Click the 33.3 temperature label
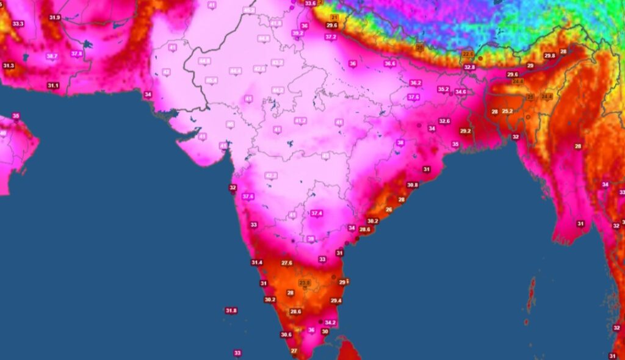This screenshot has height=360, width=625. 18,24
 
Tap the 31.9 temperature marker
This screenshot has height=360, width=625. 55,18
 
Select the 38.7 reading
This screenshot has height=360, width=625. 51,56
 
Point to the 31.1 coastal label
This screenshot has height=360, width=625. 53,85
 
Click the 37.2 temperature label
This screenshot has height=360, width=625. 330,37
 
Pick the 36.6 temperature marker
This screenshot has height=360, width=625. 390,63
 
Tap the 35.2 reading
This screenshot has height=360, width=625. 443,89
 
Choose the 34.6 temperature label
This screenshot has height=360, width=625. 460,92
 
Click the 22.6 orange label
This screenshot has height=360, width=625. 468,54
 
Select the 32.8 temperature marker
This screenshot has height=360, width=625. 469,67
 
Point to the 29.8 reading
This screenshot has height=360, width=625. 549,56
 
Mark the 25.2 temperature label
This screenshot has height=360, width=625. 507,112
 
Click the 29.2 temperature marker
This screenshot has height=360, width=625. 465,131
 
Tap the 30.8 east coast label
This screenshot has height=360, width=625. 413,185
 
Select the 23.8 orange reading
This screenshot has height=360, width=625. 304,283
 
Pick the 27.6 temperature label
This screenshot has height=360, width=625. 287,263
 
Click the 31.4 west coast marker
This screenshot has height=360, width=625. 257,262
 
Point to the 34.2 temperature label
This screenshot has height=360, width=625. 330,322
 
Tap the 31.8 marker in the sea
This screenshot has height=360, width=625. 231,311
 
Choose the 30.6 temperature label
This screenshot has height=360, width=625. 286,334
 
